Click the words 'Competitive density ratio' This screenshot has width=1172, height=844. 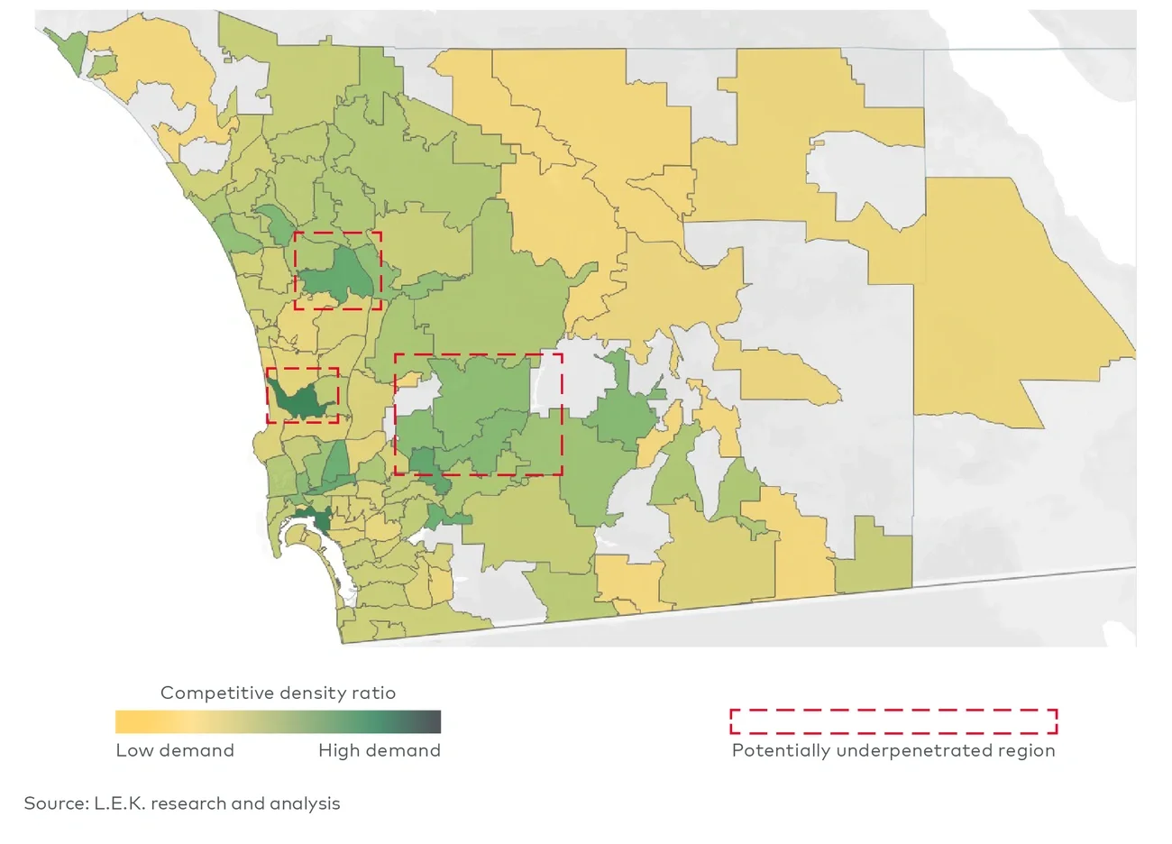[278, 693]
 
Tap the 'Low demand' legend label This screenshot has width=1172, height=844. [175, 750]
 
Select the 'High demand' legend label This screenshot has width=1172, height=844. [380, 750]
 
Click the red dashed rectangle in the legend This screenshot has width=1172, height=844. [893, 721]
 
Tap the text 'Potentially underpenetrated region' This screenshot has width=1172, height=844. [893, 750]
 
